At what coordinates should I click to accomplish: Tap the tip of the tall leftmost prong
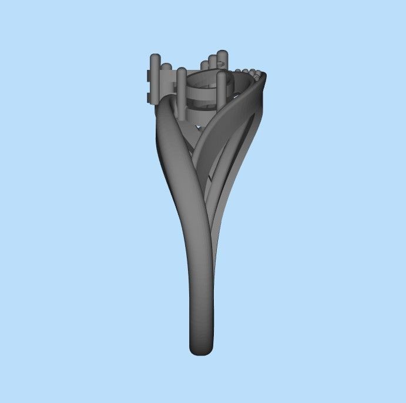pos(155,58)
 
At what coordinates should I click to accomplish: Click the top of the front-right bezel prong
pos(222,75)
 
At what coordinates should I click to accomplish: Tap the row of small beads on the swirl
pos(254,73)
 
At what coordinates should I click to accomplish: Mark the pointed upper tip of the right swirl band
pos(264,75)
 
